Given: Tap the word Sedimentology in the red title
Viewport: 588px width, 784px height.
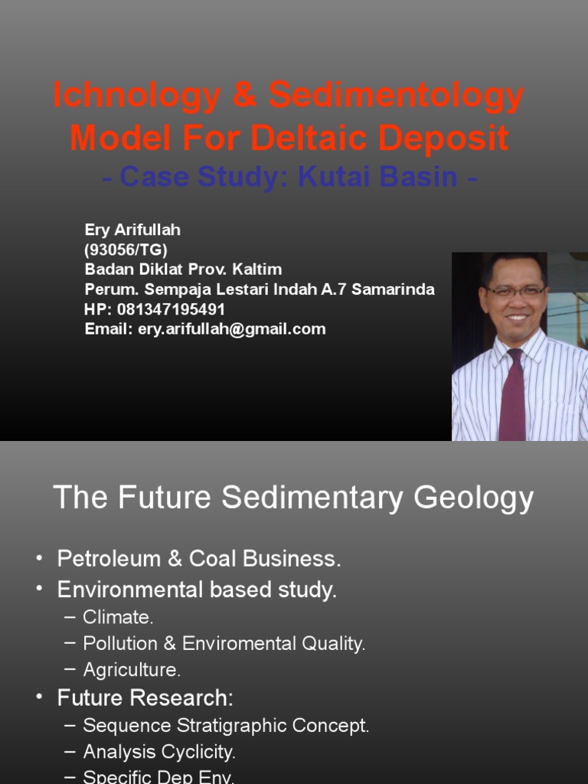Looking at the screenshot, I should point(396,97).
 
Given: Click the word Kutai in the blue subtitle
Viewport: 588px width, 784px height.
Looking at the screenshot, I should point(333,178).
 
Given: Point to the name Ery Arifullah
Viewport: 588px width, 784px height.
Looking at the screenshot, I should point(132,230).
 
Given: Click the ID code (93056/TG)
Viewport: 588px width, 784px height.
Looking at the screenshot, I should point(126,250).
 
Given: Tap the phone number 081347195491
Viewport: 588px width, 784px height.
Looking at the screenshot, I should point(171,309).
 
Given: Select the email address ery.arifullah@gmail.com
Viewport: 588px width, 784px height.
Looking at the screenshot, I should point(232,329).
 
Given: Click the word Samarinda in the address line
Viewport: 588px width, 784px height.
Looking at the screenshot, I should point(393,289).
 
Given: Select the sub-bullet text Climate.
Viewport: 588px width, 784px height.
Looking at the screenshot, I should point(118,617).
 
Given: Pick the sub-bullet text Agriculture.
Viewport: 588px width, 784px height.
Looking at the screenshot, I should point(132,670).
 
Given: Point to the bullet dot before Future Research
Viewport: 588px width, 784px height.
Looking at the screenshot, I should point(40,698).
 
